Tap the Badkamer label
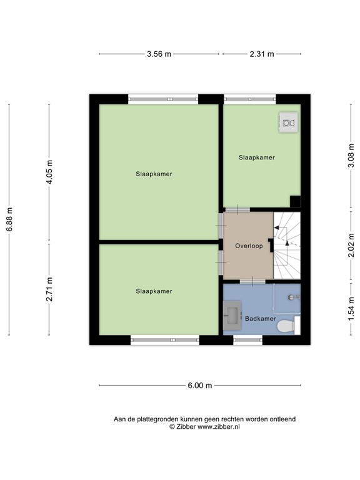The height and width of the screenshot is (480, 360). click(260, 319)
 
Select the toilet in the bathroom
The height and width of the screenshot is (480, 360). click(286, 325)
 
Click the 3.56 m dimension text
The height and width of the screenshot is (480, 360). click(159, 54)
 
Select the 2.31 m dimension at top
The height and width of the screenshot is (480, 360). click(262, 54)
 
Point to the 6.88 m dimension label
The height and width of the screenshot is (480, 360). click(9, 219)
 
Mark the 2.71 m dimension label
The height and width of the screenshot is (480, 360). click(50, 289)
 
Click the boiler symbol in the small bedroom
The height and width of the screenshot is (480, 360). click(287, 123)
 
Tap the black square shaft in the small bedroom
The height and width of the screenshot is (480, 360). click(295, 201)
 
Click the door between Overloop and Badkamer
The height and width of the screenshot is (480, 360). click(248, 281)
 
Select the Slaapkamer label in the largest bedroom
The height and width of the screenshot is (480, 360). click(154, 174)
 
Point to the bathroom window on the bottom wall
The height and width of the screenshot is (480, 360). click(248, 340)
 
